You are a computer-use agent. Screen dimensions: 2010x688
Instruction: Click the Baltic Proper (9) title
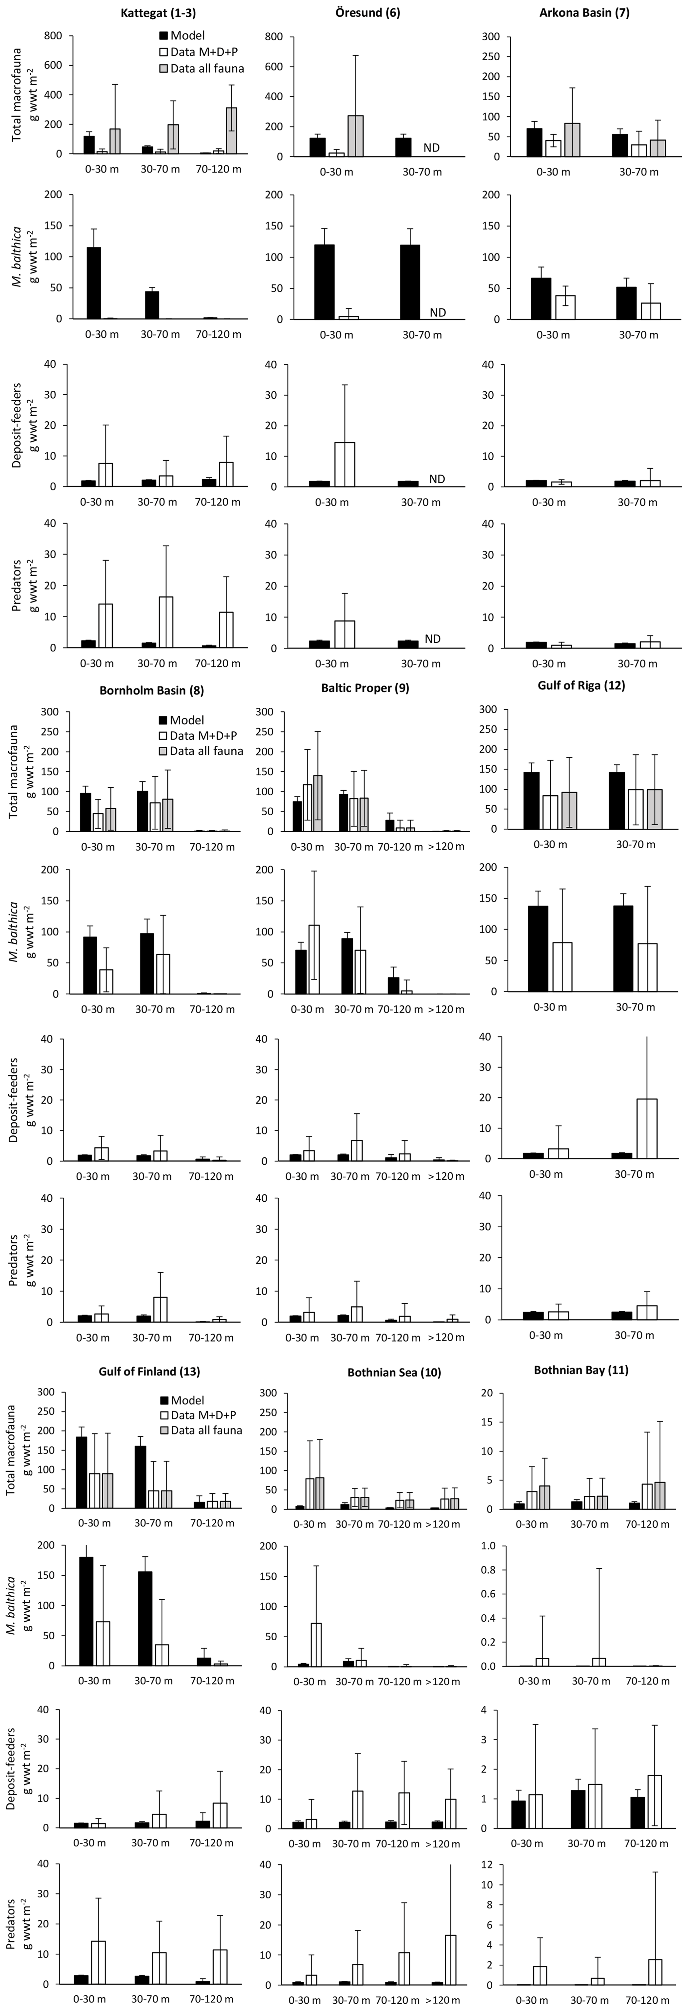(365, 688)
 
